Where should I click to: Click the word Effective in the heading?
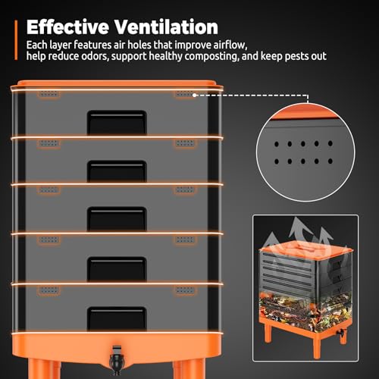[x=67, y=27]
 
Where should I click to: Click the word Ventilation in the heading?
[x=166, y=27]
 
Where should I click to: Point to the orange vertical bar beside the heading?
[x=16, y=40]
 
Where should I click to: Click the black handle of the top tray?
[x=117, y=122]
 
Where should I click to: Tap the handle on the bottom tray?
[x=117, y=318]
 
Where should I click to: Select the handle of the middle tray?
[x=117, y=218]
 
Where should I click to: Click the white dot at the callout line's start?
[x=194, y=96]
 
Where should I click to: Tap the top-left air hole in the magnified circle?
[x=277, y=144]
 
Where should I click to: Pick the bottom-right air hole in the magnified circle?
[x=330, y=161]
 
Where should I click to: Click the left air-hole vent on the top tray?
[x=49, y=94]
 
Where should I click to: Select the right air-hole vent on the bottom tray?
[x=185, y=290]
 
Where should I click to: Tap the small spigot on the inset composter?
[x=341, y=333]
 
